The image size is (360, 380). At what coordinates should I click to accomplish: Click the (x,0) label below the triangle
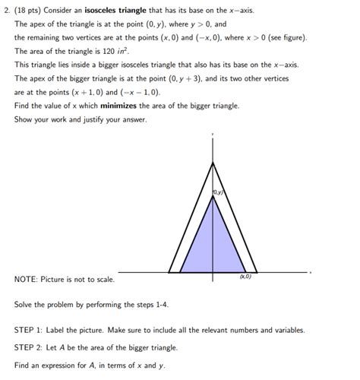click(x=246, y=278)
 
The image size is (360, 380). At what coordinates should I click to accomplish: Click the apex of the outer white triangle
click(x=213, y=163)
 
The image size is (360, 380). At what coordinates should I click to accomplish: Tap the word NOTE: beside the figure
click(x=27, y=280)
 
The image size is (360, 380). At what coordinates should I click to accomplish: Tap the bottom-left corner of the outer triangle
click(x=169, y=271)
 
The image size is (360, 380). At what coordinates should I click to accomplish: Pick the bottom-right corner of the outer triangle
click(x=258, y=271)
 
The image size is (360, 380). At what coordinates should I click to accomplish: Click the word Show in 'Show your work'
click(x=24, y=119)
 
